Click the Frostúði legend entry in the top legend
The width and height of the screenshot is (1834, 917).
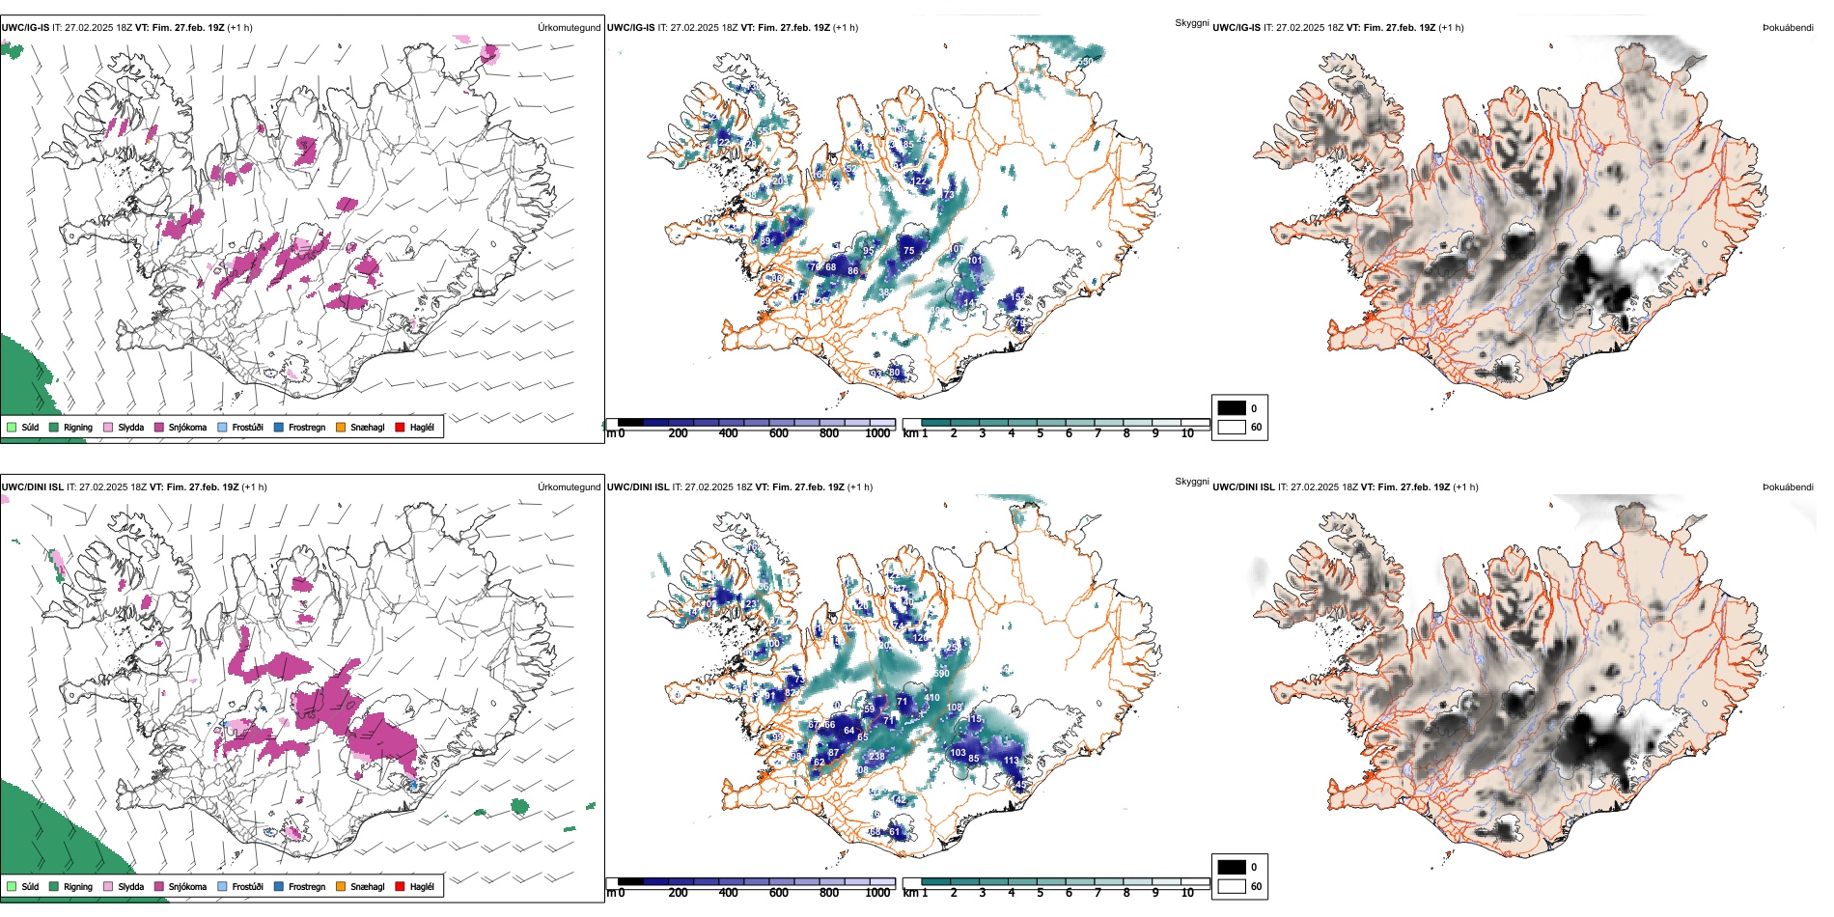pyautogui.click(x=240, y=427)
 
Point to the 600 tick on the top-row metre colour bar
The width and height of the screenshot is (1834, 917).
pyautogui.click(x=778, y=433)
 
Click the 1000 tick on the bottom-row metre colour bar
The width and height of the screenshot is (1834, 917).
pyautogui.click(x=877, y=893)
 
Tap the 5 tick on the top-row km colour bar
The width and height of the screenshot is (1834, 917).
pyautogui.click(x=1040, y=433)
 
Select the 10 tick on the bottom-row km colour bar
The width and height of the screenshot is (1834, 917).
pyautogui.click(x=1187, y=893)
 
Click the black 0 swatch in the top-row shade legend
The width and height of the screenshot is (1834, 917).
pyautogui.click(x=1232, y=408)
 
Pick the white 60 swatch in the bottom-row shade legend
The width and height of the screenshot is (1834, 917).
pyautogui.click(x=1232, y=886)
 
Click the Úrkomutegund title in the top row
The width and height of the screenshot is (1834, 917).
pyautogui.click(x=569, y=28)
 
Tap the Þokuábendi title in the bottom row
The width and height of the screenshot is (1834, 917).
pyautogui.click(x=1788, y=487)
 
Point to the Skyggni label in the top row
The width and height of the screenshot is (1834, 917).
pyautogui.click(x=1191, y=23)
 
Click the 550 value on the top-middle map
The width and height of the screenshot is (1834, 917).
pyautogui.click(x=1086, y=62)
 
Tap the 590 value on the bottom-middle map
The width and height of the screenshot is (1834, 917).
pyautogui.click(x=941, y=674)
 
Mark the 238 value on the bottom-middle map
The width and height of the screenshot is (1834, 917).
pyautogui.click(x=876, y=757)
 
